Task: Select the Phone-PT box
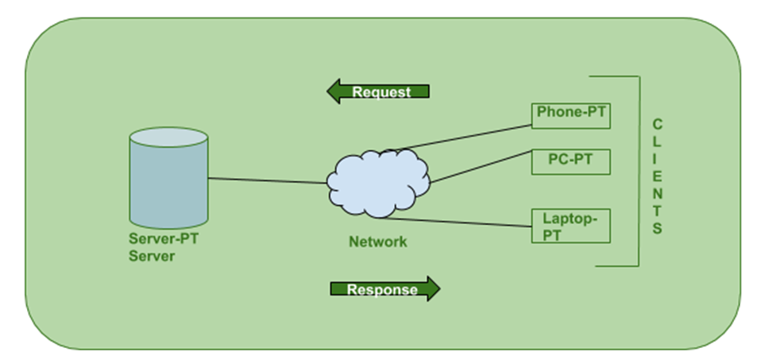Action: coord(570,114)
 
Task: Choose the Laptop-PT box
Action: coord(570,226)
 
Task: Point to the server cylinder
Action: coord(168,183)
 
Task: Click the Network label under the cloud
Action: coord(378,242)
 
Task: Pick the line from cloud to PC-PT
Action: coord(481,165)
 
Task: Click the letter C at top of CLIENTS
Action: coord(657,125)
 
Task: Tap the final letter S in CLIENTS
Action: coord(657,229)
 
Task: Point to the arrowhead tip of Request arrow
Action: coord(329,91)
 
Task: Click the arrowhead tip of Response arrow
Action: coord(438,288)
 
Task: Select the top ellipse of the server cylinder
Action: coord(168,137)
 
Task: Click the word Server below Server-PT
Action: coord(152,257)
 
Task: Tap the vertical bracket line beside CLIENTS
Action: coord(638,171)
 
